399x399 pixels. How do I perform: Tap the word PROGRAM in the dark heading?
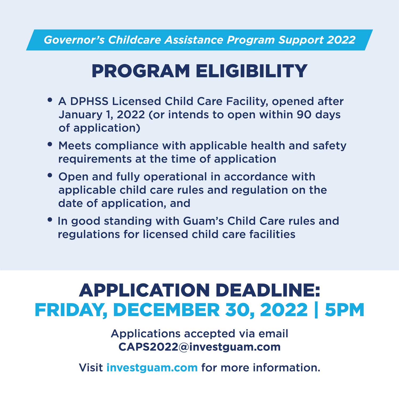[x=141, y=71]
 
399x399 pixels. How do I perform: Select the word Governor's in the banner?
[x=74, y=40]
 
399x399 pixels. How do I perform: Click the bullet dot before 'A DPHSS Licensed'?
[x=50, y=100]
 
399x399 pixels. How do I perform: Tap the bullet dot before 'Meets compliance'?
[x=50, y=144]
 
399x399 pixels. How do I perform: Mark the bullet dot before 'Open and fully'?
[x=50, y=175]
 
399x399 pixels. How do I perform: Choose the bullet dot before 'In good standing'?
[x=50, y=220]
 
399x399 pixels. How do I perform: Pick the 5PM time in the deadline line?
[x=344, y=310]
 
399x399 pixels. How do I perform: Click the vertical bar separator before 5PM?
[x=316, y=310]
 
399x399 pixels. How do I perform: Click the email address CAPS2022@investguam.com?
[x=199, y=347]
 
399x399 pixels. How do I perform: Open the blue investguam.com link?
[x=152, y=368]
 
